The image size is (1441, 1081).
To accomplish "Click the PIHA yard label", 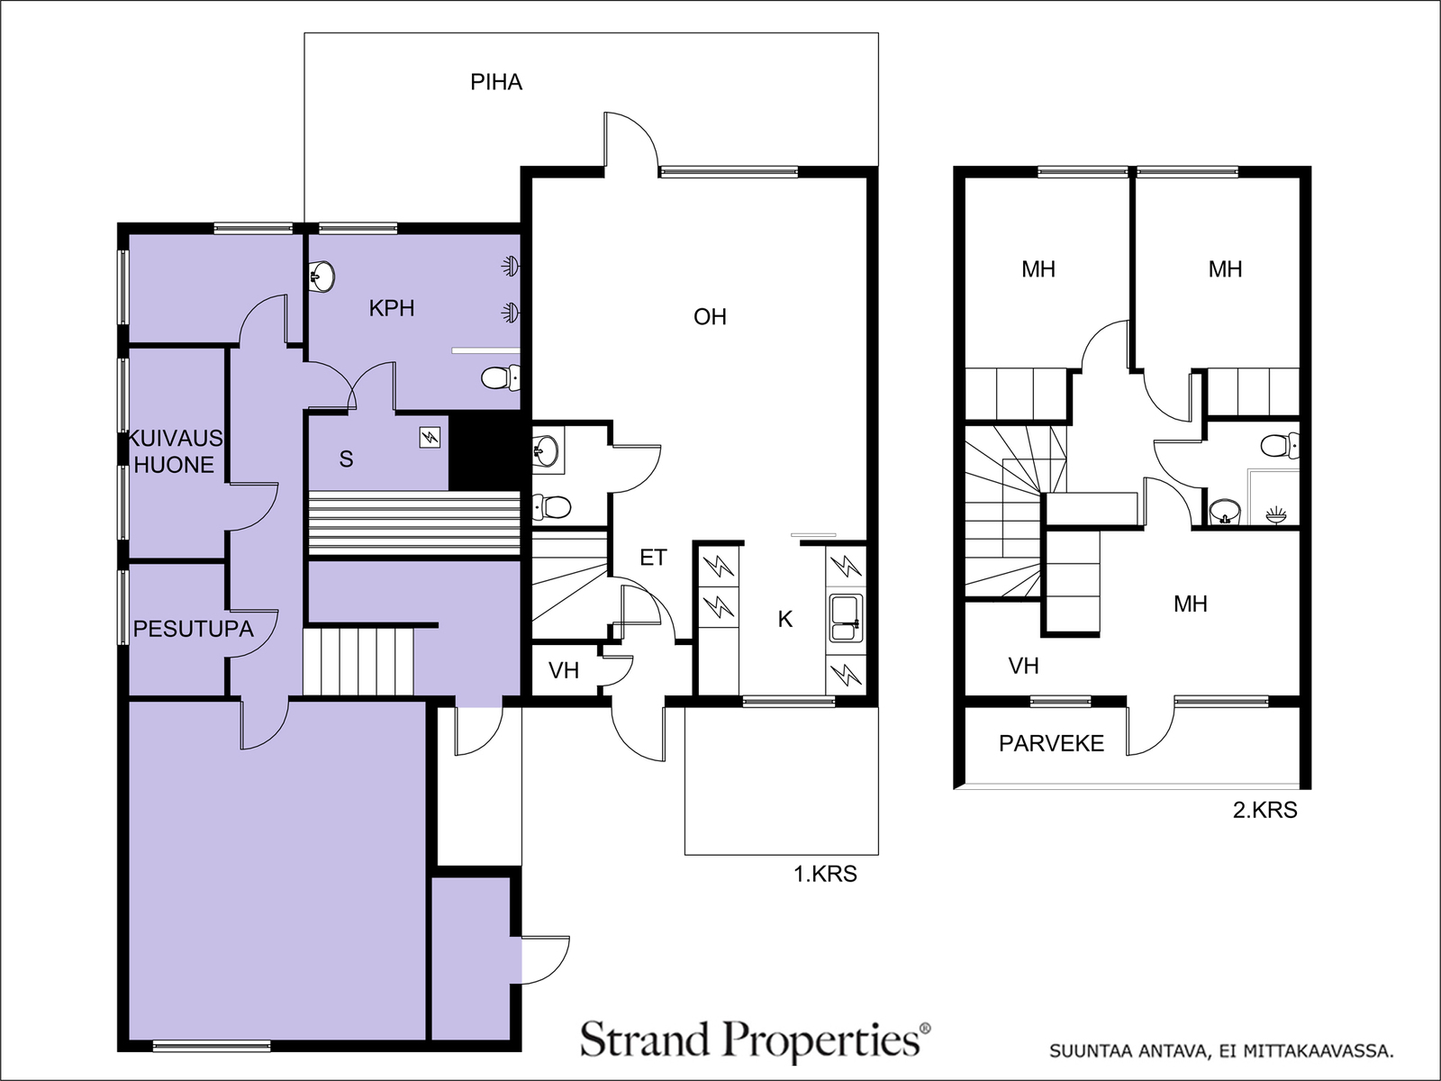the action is click(x=496, y=82).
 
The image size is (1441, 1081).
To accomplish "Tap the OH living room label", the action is click(x=710, y=317).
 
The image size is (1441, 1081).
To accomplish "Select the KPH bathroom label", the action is click(x=391, y=308).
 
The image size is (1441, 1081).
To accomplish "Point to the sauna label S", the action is click(x=346, y=459).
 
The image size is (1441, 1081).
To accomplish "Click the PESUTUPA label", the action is click(x=193, y=629).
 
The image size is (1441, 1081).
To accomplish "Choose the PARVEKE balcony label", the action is click(x=1051, y=743).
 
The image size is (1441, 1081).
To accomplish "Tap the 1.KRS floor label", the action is click(x=825, y=874).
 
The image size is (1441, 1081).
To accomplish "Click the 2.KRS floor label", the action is click(x=1265, y=810).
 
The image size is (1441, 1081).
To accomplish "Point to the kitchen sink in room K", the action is click(x=847, y=618).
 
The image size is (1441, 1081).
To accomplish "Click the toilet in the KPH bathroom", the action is click(x=500, y=378).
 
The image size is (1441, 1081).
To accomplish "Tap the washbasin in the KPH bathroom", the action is click(x=322, y=277).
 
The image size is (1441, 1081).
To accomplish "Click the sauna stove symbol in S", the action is click(x=430, y=437).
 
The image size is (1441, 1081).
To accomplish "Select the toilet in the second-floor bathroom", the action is click(x=1280, y=446).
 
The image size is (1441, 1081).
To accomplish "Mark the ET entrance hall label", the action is click(x=653, y=558).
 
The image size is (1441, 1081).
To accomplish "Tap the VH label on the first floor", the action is click(x=563, y=670).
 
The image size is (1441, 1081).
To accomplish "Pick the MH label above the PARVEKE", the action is click(x=1191, y=604).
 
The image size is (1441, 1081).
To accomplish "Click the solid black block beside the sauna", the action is click(x=488, y=452).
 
